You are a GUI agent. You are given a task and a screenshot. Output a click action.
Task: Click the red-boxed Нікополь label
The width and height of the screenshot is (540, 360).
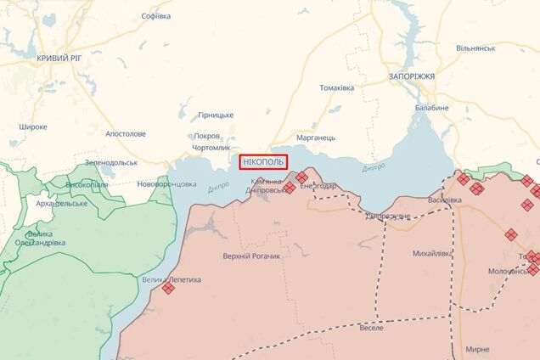pos(263,160)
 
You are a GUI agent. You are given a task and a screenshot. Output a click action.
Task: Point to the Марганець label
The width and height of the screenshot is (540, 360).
pos(316,137)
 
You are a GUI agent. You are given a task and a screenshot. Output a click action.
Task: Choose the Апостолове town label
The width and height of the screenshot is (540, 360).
pos(125,133)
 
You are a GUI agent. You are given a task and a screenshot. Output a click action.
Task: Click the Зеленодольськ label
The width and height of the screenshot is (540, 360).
pos(111,163)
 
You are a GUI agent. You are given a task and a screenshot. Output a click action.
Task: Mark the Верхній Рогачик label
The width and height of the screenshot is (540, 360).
pos(251,257)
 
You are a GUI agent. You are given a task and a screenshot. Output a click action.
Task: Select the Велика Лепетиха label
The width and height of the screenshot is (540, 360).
pos(172,278)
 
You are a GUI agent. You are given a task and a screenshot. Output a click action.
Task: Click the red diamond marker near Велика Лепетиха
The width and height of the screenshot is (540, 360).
pos(168,289)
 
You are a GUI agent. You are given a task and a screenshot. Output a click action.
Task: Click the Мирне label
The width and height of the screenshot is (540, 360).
pos(477,349)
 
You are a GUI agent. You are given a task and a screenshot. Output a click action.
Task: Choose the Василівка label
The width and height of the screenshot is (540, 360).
pos(445,200)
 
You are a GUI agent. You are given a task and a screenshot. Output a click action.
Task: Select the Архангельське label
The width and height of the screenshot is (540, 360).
pos(61,204)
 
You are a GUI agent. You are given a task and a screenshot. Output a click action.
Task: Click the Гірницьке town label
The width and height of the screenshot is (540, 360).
pos(216,115)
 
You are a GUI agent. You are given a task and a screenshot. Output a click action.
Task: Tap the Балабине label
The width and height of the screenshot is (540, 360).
pos(432,108)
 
